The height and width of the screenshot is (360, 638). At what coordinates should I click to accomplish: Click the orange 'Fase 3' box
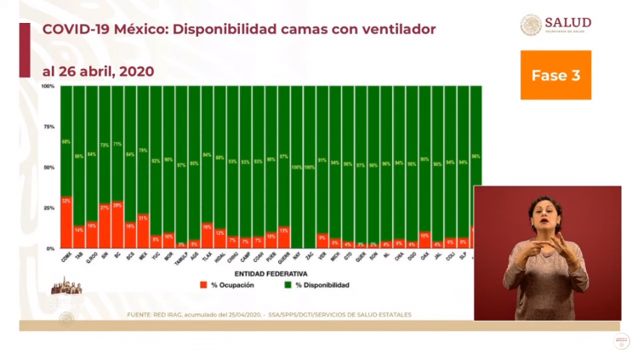pos(555,75)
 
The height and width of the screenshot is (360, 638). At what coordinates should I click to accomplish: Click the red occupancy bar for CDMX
pos(66,222)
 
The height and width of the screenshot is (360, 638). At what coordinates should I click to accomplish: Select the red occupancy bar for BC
pos(117,225)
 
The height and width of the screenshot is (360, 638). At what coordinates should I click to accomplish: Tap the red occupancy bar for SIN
pos(105,226)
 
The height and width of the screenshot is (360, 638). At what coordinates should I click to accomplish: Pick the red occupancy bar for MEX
pos(143,231)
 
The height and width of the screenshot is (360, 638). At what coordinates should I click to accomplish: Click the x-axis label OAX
pos(424,254)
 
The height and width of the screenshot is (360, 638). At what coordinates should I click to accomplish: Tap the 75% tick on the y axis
pos(49,127)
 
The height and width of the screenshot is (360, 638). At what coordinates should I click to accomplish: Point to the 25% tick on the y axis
pos(49,208)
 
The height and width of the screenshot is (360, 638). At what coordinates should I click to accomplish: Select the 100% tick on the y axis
pos(48,87)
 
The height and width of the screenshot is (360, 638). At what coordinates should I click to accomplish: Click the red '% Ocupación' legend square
pos(203,285)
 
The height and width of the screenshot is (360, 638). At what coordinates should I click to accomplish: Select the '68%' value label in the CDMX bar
pos(66,141)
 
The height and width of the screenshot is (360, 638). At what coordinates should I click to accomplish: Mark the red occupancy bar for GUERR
pos(283,237)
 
